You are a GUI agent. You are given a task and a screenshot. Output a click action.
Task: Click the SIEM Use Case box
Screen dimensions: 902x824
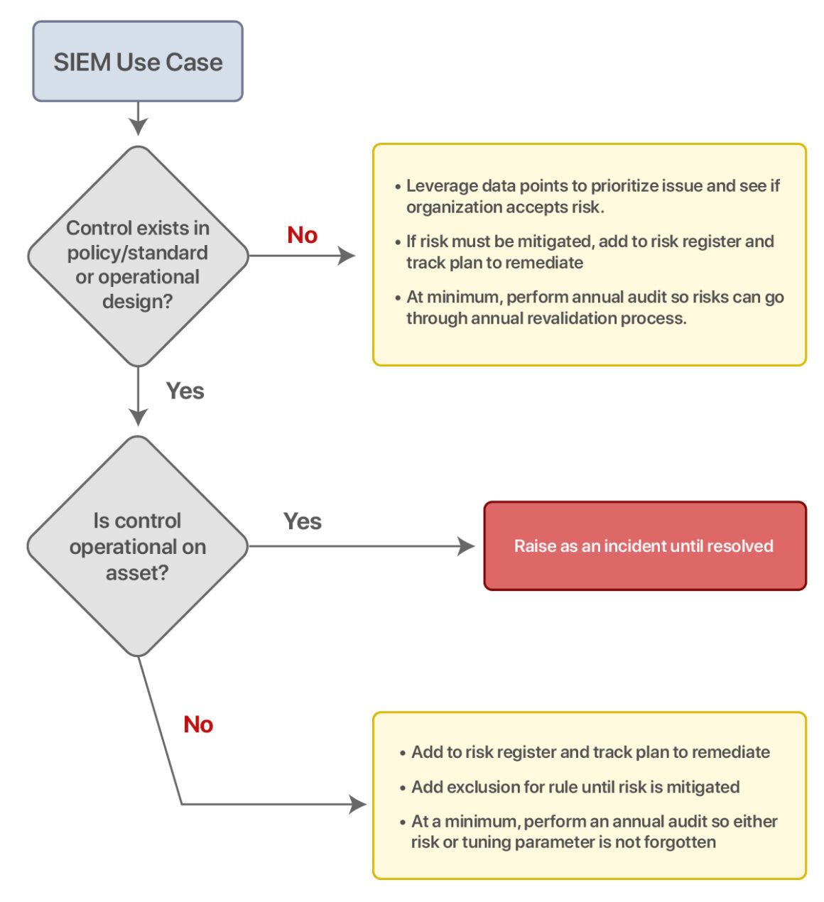pos(138,62)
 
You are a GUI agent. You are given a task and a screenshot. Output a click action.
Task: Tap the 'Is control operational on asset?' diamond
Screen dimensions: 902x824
pos(138,546)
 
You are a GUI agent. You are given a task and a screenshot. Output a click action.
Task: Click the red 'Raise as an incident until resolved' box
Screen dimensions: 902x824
pos(644,546)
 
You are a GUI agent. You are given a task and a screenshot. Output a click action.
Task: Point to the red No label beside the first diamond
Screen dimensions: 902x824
pos(302,235)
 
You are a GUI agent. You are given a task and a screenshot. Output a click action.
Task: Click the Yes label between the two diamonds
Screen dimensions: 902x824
pos(185,391)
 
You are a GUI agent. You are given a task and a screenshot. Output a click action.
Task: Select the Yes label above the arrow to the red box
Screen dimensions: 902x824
pos(302,521)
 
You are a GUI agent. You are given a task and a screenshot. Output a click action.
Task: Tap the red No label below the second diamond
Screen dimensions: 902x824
pos(198,724)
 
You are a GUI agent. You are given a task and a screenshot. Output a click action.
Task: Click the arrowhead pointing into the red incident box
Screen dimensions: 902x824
pos(467,546)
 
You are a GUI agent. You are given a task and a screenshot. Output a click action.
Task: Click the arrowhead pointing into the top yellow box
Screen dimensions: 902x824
pos(347,256)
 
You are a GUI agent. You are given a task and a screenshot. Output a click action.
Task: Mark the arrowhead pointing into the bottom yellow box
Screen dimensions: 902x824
pos(358,804)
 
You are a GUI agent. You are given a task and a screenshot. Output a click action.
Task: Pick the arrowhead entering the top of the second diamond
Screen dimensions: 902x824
pos(138,417)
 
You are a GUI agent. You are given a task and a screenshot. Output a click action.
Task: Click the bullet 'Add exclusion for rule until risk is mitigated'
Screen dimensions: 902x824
pos(575,787)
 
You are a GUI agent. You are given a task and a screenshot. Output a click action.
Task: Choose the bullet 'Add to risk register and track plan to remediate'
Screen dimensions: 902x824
pos(590,752)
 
